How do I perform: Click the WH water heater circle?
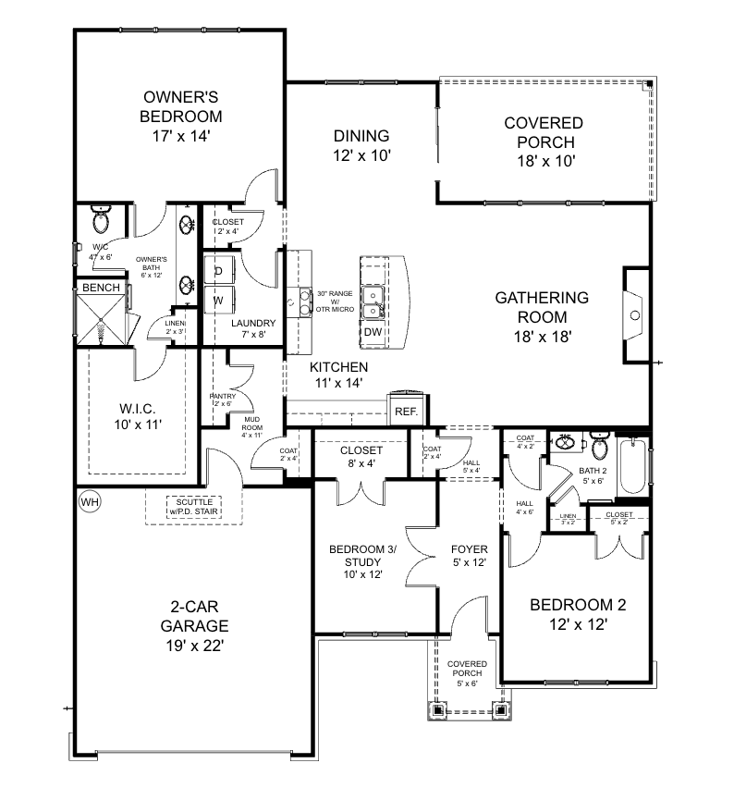pos(90,501)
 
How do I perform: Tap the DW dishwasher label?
pos(373,331)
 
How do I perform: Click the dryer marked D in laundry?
pos(219,271)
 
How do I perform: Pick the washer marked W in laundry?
pos(219,301)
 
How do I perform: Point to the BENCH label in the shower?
pos(100,289)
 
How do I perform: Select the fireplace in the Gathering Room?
pos(636,315)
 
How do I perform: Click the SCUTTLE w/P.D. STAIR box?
pos(193,507)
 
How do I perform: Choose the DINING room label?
pos(361,136)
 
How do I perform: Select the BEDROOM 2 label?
pos(578,606)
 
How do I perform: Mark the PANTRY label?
pos(223,396)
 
